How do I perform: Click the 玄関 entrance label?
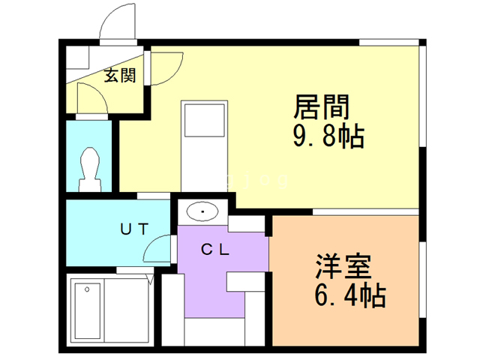(119, 76)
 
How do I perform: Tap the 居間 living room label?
(322, 107)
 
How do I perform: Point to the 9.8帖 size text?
(328, 137)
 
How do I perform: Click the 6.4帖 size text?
(350, 295)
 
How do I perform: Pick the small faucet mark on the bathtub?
(88, 289)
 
